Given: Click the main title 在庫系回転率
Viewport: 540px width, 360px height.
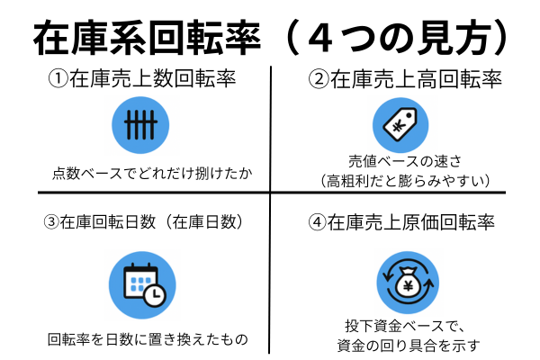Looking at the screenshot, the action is pos(148,39).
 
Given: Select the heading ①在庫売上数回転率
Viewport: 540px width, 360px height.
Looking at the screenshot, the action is pos(141,80).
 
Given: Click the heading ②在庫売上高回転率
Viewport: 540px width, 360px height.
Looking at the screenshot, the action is pos(406,80).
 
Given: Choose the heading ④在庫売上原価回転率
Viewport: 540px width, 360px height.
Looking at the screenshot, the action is pos(406,220).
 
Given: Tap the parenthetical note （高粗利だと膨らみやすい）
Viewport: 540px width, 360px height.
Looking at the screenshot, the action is pos(405,181).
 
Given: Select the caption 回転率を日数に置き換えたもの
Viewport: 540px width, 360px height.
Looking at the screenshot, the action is pos(147,340).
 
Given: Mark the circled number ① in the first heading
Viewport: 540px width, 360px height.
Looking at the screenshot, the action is pos(57,80).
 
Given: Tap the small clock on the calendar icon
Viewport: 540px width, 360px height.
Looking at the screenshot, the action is pos(154,294).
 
